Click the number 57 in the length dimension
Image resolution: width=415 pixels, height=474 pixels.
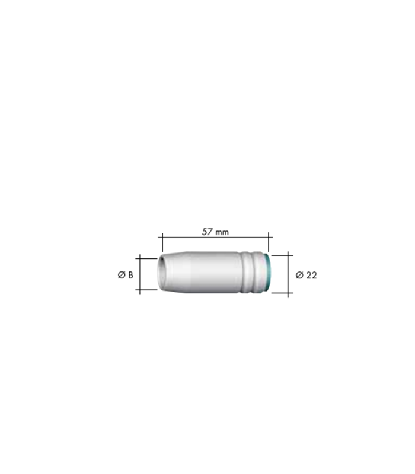(207, 232)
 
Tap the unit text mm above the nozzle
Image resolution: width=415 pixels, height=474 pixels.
(222, 232)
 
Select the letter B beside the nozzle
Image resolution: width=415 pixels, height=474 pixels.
(130, 275)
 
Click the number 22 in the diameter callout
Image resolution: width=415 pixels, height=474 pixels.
(311, 275)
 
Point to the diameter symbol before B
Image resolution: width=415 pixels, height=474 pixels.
(122, 275)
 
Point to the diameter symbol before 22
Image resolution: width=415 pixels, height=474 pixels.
(299, 275)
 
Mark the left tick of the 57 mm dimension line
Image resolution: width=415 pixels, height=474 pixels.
(162, 242)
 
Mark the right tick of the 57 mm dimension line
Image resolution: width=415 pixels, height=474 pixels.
(269, 242)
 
